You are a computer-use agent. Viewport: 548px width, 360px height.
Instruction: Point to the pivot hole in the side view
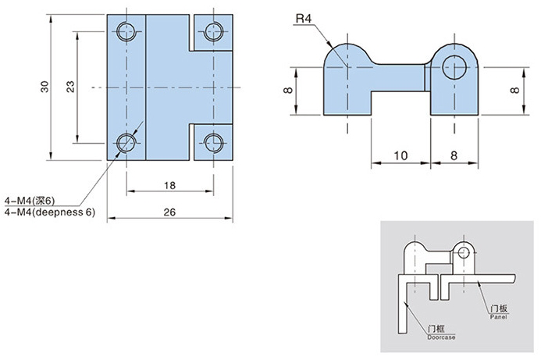453,66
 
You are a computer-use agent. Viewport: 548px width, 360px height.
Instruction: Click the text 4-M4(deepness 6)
49,212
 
